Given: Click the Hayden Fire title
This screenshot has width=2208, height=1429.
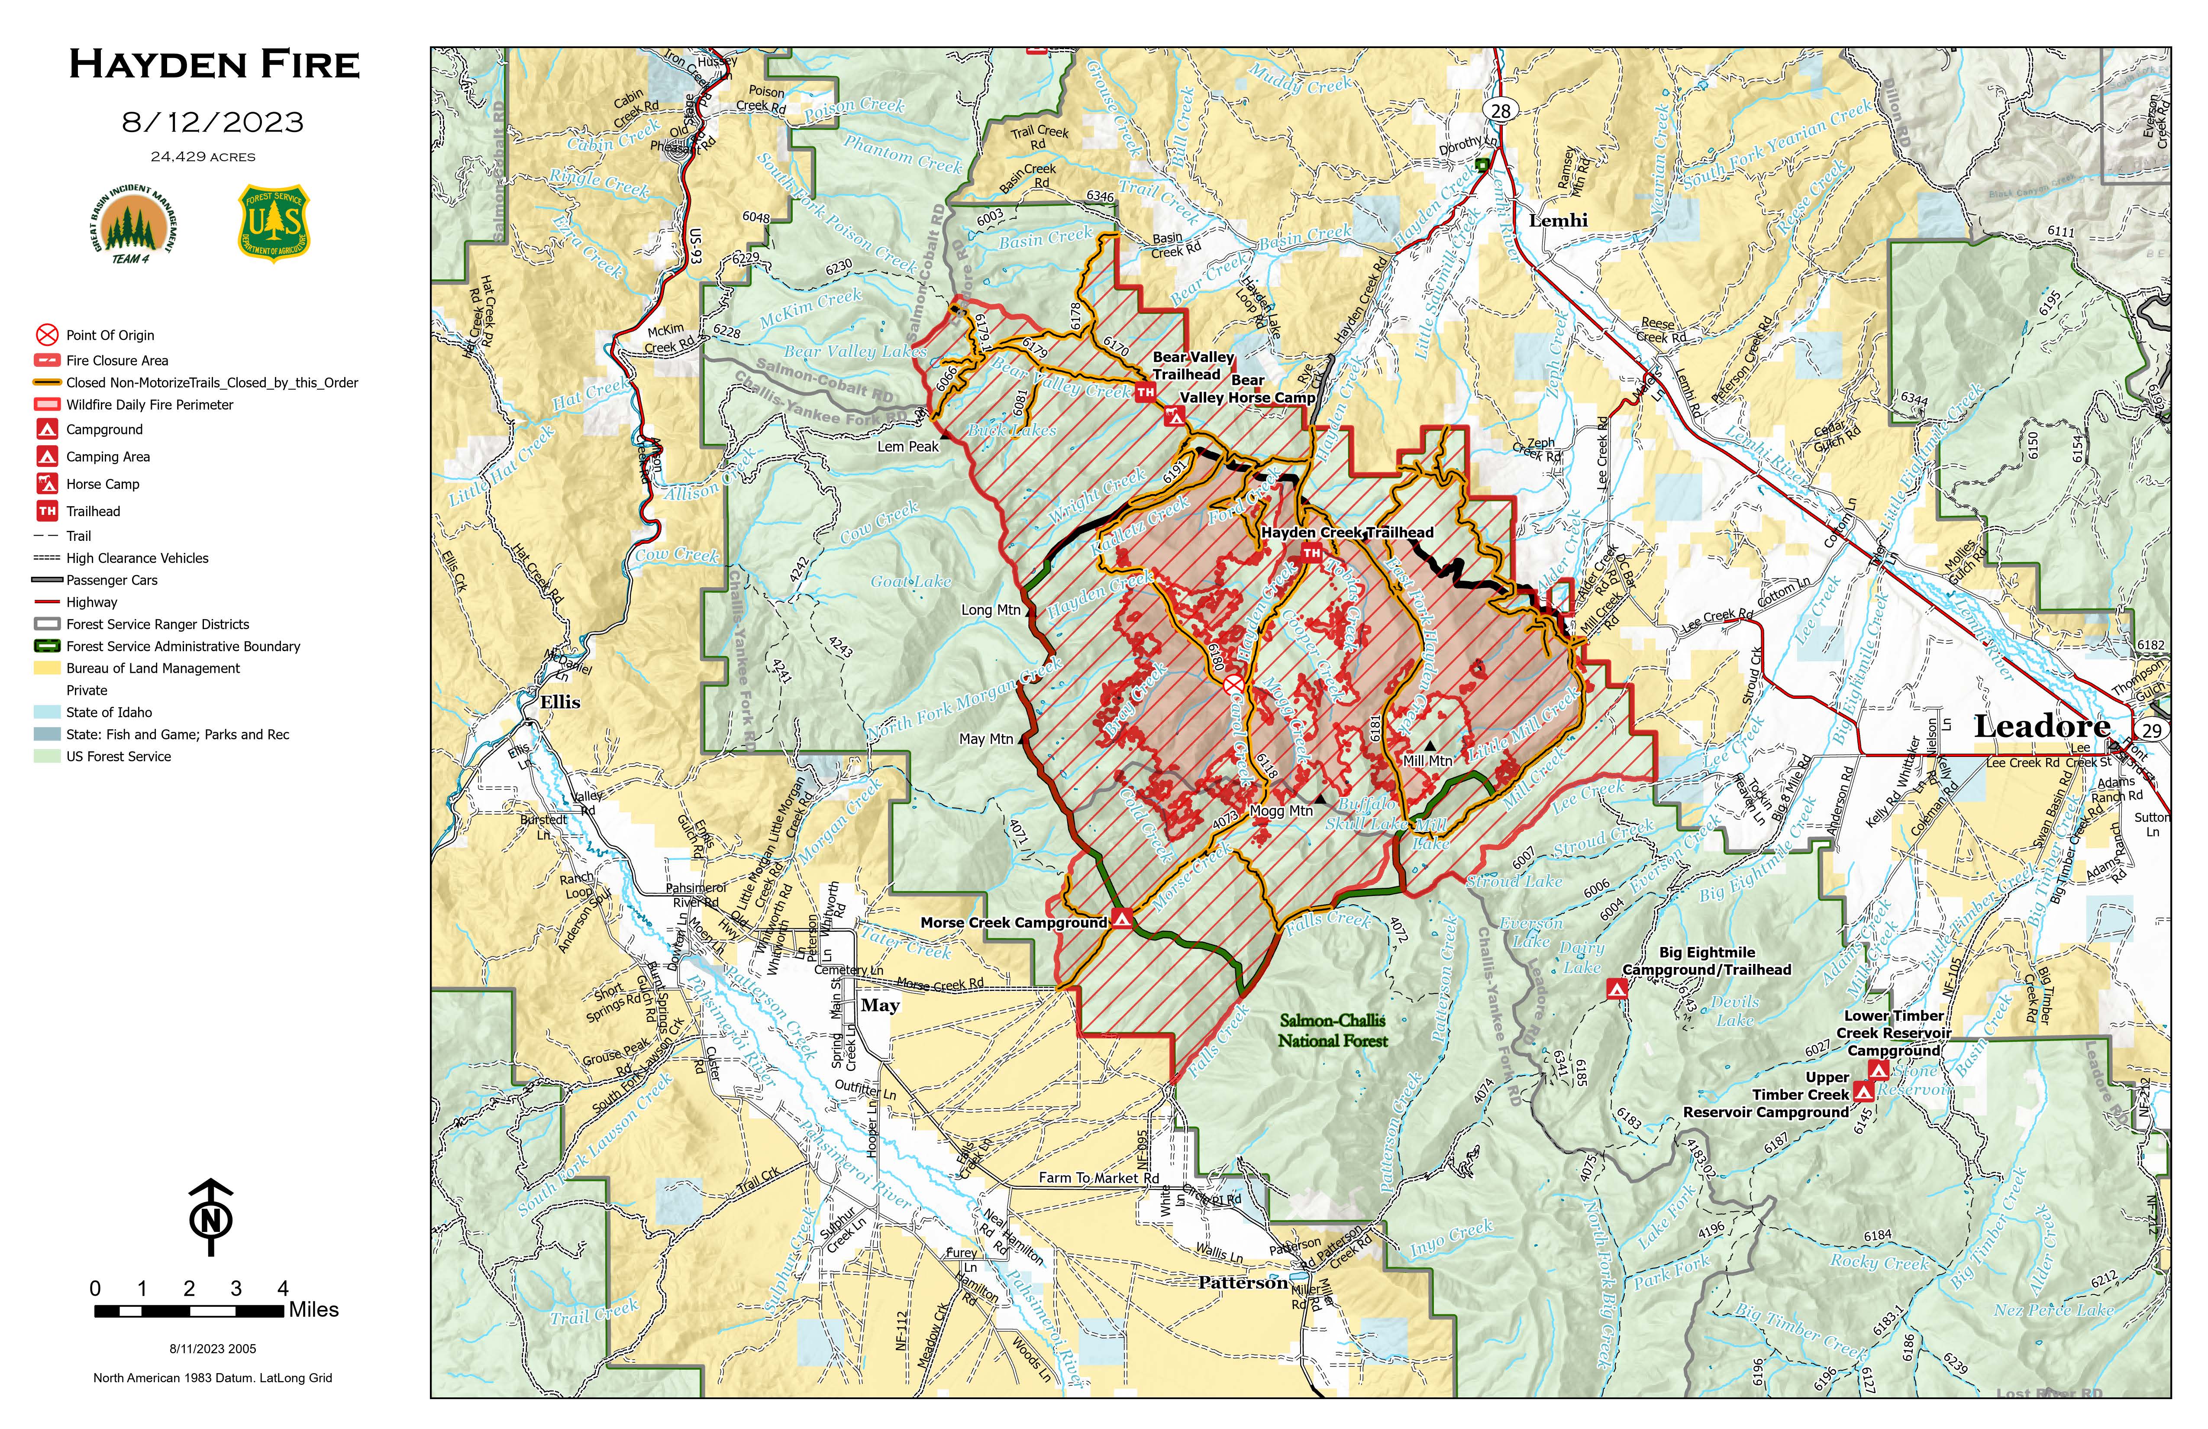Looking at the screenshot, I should [214, 65].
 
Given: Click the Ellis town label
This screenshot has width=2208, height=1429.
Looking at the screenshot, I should [560, 702].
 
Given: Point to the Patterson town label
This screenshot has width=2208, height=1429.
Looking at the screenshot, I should [1242, 1282].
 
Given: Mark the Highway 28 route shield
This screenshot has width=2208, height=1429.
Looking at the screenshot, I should [1500, 110].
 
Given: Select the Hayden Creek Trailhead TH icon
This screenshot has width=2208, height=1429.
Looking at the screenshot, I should [1311, 553].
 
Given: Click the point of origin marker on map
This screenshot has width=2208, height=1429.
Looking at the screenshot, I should [1233, 685].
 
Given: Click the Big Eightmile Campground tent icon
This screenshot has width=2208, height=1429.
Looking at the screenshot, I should [1616, 990].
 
